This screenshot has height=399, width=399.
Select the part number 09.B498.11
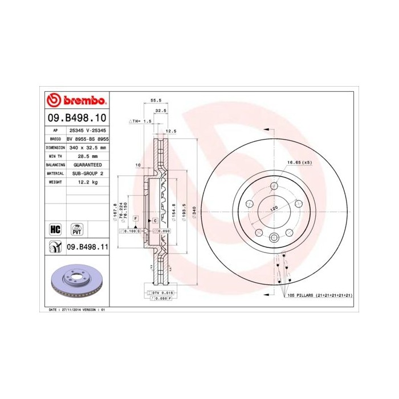(x=88, y=247)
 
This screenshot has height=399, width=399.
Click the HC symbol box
(x=56, y=229)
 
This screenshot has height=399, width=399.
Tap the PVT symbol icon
(x=76, y=229)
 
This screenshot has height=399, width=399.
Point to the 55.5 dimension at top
(x=155, y=100)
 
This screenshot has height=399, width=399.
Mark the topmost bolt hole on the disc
(x=274, y=186)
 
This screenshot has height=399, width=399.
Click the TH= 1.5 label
(x=140, y=121)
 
